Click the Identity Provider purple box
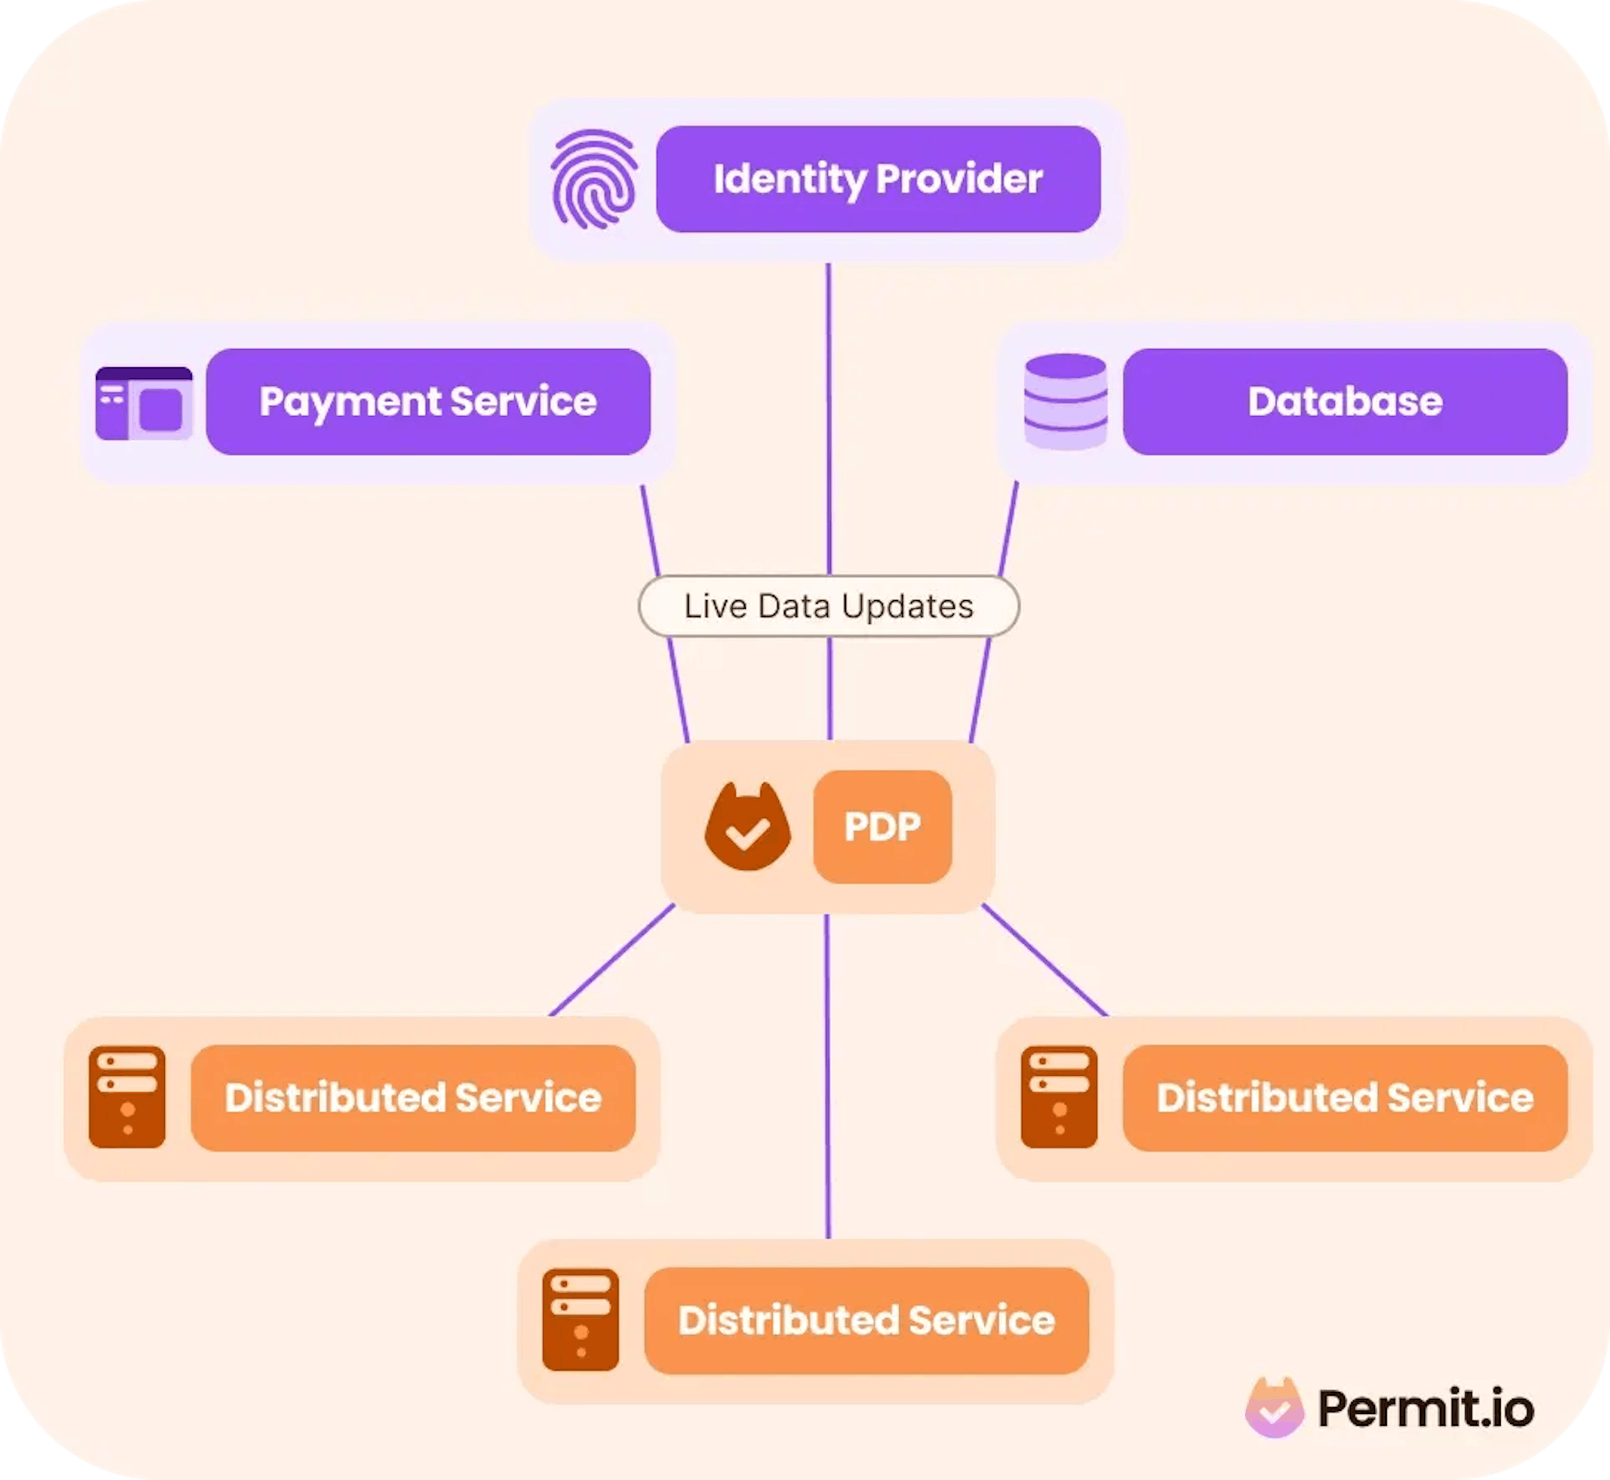point(878,179)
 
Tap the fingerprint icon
point(594,179)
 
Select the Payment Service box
point(428,401)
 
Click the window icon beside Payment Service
point(144,403)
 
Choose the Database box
point(1345,401)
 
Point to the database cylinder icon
point(1065,401)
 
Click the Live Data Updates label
point(829,606)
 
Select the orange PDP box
point(882,827)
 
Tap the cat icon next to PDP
point(748,827)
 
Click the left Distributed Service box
point(413,1098)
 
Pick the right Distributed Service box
point(1345,1098)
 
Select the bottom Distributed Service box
point(866,1320)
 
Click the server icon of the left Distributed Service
point(127,1097)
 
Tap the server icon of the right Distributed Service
point(1059,1097)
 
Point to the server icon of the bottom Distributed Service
point(580,1320)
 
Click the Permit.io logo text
point(1426,1409)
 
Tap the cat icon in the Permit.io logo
point(1274,1407)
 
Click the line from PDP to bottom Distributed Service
point(827,1077)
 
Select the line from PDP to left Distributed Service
point(612,960)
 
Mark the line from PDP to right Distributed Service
point(1045,960)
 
